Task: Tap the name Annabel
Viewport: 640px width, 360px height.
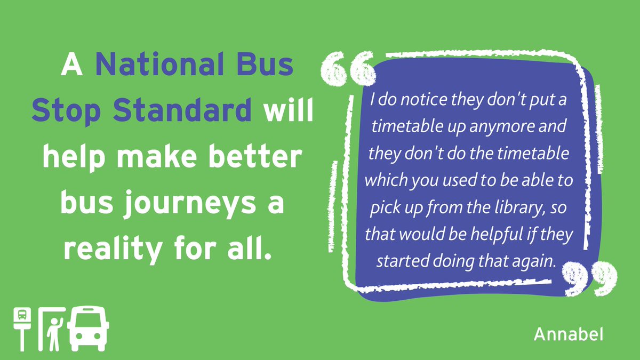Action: pyautogui.click(x=568, y=334)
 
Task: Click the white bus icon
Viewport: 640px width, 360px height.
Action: pyautogui.click(x=89, y=327)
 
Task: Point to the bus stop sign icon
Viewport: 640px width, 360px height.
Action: pyautogui.click(x=22, y=326)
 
